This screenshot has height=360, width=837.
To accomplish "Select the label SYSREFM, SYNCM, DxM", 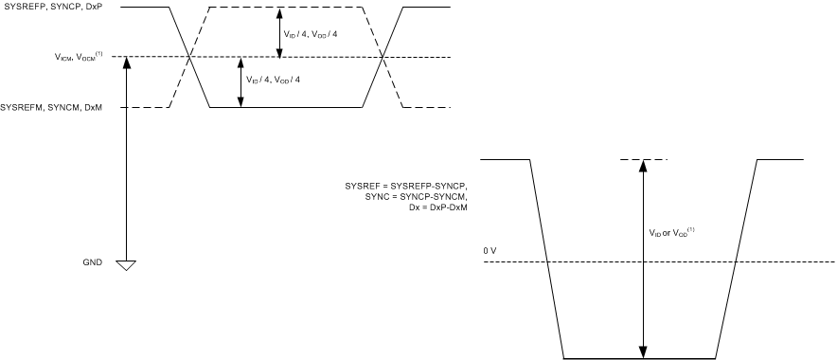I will [x=53, y=107].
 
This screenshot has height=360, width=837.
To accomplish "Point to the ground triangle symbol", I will [x=125, y=264].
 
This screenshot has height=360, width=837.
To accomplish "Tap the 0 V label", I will [x=490, y=250].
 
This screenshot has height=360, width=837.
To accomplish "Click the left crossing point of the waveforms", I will [x=192, y=58].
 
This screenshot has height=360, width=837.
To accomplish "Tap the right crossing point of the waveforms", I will [x=383, y=58].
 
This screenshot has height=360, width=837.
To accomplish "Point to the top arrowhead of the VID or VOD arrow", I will [x=643, y=164].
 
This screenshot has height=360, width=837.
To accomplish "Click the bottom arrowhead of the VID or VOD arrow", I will [x=643, y=353].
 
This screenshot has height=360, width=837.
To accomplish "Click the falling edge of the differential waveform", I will [x=546, y=260].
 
